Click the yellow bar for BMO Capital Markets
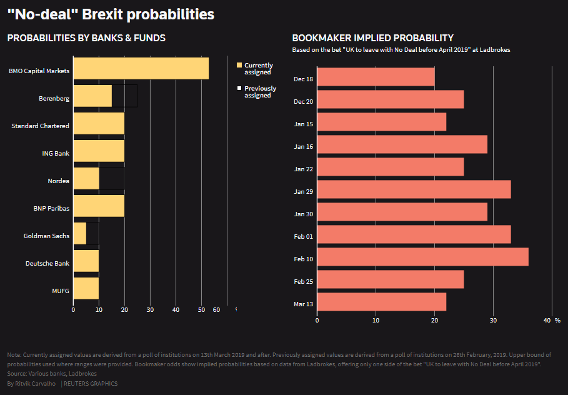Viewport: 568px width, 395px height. coord(141,68)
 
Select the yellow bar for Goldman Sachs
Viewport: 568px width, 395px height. coord(80,233)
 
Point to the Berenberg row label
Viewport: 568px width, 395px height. coord(54,99)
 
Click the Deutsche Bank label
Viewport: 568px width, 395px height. coord(47,263)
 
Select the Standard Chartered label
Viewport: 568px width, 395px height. coord(40,126)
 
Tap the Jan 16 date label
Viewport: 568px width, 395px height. coord(303,147)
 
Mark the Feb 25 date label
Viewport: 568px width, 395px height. coord(303,282)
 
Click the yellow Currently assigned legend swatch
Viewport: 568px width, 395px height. coord(239,66)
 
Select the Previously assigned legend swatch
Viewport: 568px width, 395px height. coord(239,88)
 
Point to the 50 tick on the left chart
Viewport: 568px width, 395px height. coord(201,310)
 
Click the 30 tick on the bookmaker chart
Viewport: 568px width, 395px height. coord(493,321)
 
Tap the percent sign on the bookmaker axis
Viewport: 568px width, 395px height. coord(557,321)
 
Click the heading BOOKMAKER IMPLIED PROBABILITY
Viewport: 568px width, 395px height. coord(372,38)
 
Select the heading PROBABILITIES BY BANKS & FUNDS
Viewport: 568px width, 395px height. coord(86,38)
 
